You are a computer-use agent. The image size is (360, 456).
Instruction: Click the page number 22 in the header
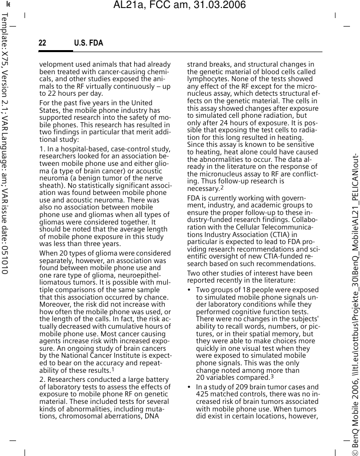point(43,43)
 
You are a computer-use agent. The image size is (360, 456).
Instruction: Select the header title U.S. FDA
point(89,43)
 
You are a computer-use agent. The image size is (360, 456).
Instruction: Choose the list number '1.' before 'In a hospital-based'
point(42,149)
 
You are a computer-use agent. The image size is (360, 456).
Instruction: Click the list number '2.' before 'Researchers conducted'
point(42,380)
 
